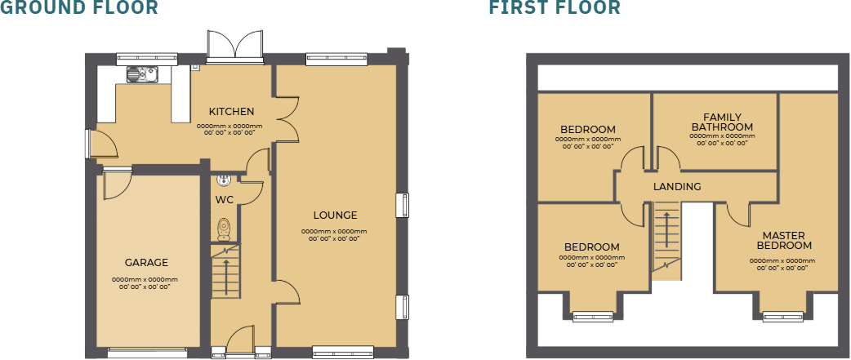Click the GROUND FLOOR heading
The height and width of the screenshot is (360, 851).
78,8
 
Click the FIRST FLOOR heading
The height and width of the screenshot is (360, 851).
555,8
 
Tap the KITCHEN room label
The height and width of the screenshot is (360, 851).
231,112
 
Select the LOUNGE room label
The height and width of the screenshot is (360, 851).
335,216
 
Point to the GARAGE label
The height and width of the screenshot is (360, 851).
146,263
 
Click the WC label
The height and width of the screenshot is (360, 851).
225,199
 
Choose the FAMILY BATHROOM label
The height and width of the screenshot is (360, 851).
722,122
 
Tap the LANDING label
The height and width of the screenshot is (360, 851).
677,187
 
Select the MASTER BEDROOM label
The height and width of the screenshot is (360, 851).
784,241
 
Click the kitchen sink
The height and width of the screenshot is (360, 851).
141,75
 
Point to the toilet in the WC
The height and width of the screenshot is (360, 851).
225,226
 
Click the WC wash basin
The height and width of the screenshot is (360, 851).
224,181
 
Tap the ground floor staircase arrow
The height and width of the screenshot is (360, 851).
225,273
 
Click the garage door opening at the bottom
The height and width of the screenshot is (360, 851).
147,353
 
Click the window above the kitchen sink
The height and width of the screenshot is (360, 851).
147,58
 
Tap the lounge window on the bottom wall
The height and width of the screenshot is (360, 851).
334,353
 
